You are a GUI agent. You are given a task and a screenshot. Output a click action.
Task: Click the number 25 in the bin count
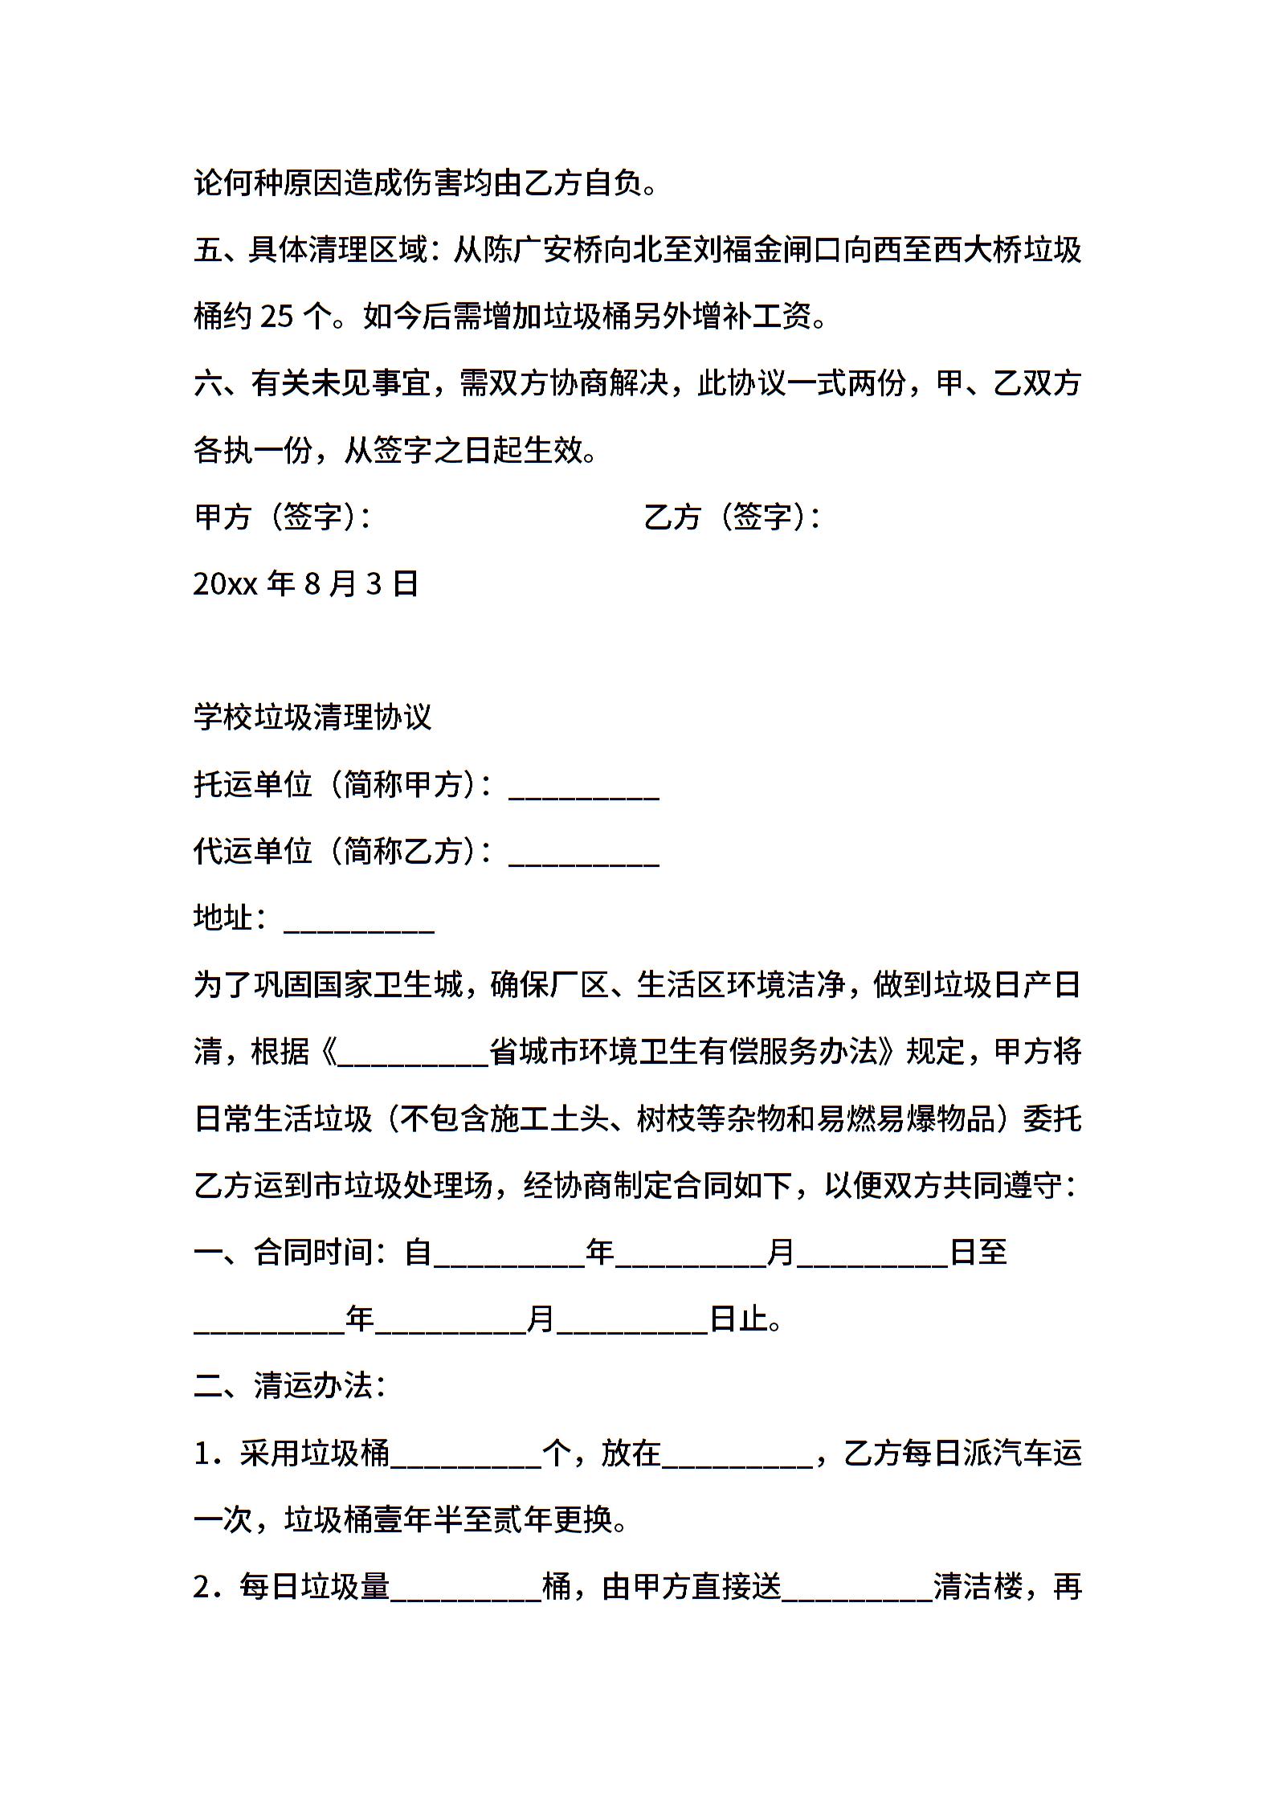277,317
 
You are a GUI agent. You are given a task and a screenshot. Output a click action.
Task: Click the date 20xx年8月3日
306,584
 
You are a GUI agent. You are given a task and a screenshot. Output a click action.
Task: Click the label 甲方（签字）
282,517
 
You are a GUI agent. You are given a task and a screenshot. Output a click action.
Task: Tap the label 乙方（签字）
732,517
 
